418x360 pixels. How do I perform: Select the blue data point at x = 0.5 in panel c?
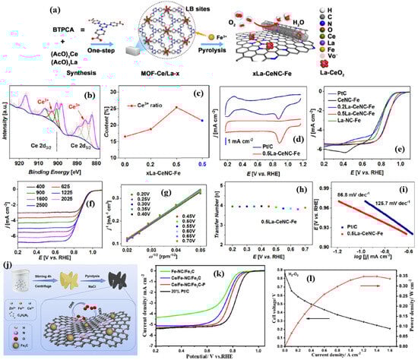[201, 120]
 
